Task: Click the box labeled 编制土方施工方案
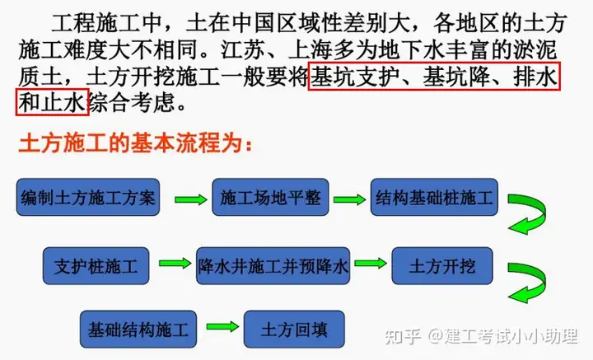[88, 198]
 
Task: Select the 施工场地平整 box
[270, 198]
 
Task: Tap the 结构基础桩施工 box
[434, 198]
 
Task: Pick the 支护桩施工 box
[96, 266]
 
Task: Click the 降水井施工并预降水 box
[273, 266]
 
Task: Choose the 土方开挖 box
[442, 266]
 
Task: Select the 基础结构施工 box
[138, 330]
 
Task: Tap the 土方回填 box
[294, 330]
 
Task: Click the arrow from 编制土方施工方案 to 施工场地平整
[191, 199]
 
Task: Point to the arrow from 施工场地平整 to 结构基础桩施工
[350, 199]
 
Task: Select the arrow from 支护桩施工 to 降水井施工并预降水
[175, 263]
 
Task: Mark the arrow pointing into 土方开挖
[371, 263]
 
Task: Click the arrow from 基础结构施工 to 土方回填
[222, 326]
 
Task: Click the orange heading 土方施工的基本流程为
[135, 143]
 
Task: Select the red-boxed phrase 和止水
[52, 102]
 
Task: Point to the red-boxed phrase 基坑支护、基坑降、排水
[434, 77]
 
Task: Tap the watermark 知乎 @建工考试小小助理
[482, 336]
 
